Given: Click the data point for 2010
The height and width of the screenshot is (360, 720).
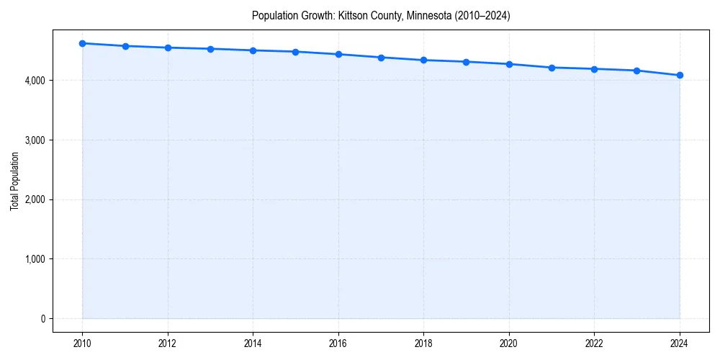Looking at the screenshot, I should [x=83, y=43].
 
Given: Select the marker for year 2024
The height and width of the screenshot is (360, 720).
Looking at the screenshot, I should [x=680, y=76].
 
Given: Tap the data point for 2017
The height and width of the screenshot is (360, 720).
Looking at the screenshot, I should [x=381, y=58].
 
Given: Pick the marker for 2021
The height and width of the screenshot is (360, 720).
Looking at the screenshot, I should [x=552, y=68].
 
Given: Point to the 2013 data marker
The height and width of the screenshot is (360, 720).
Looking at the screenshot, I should [x=210, y=49].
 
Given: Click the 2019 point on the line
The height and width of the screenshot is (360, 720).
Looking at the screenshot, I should [x=467, y=62].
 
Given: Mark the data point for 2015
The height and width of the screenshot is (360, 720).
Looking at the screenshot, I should [x=296, y=52].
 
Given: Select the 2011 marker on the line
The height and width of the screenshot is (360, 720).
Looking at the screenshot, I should [x=125, y=46].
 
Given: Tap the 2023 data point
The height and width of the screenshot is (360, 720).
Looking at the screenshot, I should [x=637, y=71].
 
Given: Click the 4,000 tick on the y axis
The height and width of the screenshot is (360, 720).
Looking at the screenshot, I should [x=36, y=81].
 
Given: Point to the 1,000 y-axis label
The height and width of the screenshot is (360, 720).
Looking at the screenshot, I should [x=36, y=259].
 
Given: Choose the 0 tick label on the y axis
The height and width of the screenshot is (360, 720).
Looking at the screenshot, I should [x=43, y=319].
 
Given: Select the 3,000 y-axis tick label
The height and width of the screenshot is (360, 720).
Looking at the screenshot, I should [x=36, y=140].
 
